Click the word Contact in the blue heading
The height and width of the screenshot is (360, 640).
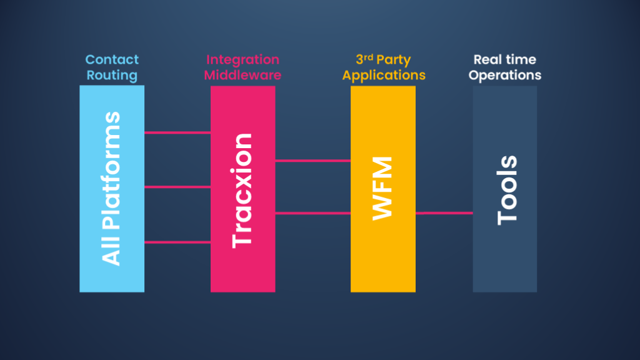112,60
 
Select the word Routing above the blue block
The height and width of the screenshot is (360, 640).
112,76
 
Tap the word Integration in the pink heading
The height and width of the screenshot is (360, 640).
242,60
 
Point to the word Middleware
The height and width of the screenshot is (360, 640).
242,76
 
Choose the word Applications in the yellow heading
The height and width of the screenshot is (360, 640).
384,76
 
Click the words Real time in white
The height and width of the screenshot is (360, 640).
504,60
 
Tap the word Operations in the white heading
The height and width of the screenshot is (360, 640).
505,76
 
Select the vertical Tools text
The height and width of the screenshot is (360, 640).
507,190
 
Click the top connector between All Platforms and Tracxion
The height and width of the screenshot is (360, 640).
177,132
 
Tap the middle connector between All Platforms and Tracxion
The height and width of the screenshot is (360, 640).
177,187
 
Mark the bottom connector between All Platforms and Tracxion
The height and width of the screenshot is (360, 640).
177,242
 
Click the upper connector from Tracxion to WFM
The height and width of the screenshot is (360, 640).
312,161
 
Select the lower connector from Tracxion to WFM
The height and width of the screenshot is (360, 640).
312,213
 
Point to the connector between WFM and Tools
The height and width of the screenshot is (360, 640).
444,213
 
